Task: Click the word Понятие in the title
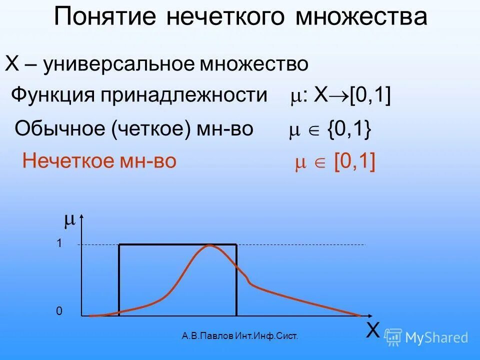104,17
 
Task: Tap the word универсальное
119,64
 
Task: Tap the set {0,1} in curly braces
349,129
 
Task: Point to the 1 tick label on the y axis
59,243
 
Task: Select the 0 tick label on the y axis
59,311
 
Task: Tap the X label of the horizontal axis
372,330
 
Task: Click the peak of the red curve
210,245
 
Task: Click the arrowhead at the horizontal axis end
369,316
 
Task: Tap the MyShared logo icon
393,337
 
